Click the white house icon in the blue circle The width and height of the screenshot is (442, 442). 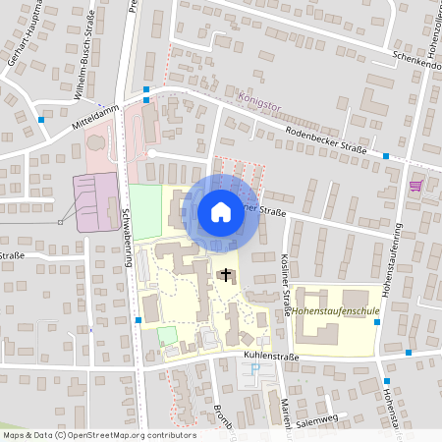click(x=221, y=211)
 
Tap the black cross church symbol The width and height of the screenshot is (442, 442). click(x=227, y=274)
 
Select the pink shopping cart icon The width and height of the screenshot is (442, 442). click(x=416, y=185)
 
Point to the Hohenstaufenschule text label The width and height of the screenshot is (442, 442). click(x=334, y=310)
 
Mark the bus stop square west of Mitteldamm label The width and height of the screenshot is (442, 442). click(x=41, y=119)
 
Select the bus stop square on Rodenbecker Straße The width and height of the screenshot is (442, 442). click(x=386, y=156)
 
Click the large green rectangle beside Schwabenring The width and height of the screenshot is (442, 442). click(x=145, y=212)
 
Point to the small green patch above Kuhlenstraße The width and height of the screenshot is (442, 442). click(x=167, y=335)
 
